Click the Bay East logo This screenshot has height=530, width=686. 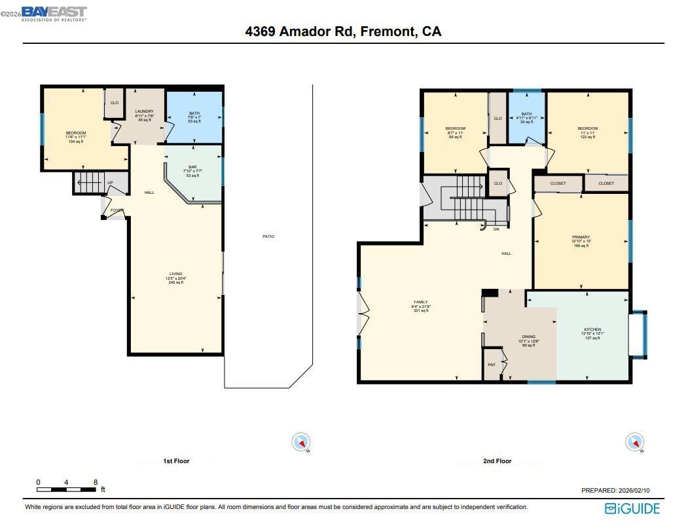pyautogui.click(x=54, y=13)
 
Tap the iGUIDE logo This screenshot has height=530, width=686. pyautogui.click(x=632, y=508)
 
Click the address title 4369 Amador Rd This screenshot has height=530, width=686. pyautogui.click(x=343, y=31)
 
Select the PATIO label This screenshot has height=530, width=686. pyautogui.click(x=268, y=237)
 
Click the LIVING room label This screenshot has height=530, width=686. pyautogui.click(x=176, y=274)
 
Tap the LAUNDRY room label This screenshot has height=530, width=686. pyautogui.click(x=144, y=112)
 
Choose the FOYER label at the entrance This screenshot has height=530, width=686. pyautogui.click(x=117, y=210)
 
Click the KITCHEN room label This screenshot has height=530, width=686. pyautogui.click(x=592, y=330)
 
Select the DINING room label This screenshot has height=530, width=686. pyautogui.click(x=528, y=337)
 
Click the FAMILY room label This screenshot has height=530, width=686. pyautogui.click(x=420, y=302)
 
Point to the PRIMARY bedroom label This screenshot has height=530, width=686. pyautogui.click(x=581, y=237)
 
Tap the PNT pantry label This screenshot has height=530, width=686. pyautogui.click(x=491, y=366)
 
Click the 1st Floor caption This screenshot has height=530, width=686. pyautogui.click(x=176, y=461)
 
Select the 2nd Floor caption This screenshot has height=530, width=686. pyautogui.click(x=497, y=461)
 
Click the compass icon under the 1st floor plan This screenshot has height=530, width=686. pyautogui.click(x=301, y=443)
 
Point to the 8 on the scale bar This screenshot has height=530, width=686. pyautogui.click(x=96, y=482)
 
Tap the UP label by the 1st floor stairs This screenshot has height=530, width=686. pyautogui.click(x=110, y=183)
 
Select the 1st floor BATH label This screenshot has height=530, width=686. pyautogui.click(x=194, y=113)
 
